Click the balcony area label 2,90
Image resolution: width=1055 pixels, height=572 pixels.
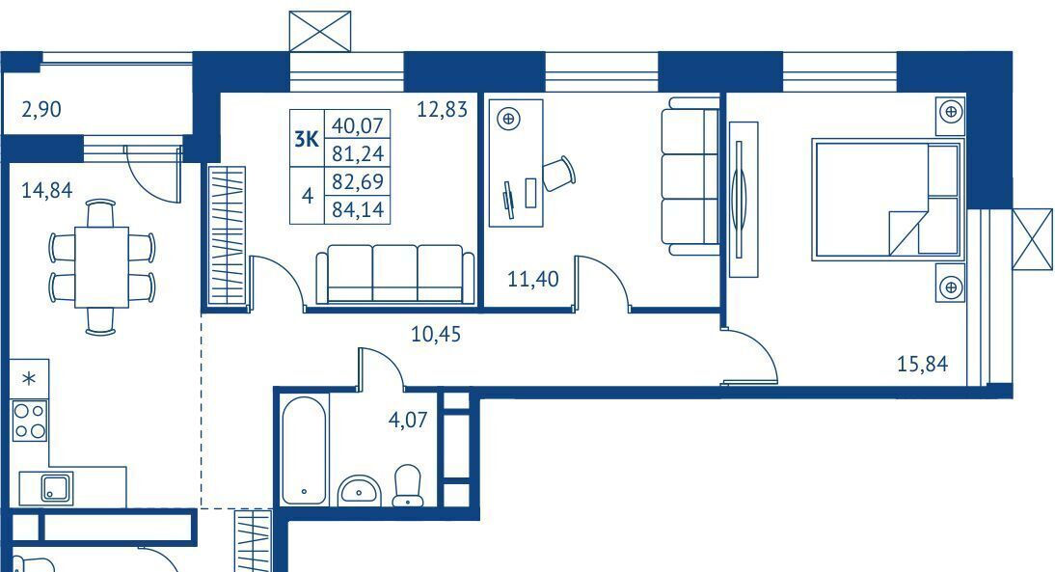coord(41,109)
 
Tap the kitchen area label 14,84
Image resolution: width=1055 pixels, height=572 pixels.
coord(47,190)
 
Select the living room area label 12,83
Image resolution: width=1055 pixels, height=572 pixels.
coord(442,109)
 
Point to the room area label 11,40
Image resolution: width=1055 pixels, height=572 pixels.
coord(533,279)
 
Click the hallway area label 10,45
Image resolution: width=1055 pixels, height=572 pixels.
coord(436,334)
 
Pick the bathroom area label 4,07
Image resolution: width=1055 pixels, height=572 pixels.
coord(408,420)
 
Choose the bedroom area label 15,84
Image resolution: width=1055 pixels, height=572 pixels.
coord(923,364)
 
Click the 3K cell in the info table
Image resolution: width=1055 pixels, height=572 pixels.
coord(307,139)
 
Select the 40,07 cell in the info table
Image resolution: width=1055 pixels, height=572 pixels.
coord(357,125)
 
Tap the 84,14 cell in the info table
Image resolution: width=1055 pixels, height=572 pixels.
coord(357,209)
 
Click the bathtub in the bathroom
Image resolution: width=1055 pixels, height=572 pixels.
coord(304,450)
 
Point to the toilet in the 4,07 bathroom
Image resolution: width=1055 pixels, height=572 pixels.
coord(406,484)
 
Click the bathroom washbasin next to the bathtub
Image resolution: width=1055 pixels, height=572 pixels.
coord(359,490)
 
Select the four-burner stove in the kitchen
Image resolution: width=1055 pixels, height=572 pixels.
coord(30,421)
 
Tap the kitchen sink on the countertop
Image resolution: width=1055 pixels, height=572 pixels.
coord(57,488)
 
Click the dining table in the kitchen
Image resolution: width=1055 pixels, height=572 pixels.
coord(101,267)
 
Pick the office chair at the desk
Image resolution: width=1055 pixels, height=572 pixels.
coord(559,174)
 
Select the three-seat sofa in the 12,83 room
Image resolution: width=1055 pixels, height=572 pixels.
coord(395,275)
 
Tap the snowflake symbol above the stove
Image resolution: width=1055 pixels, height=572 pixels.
coord(29,379)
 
